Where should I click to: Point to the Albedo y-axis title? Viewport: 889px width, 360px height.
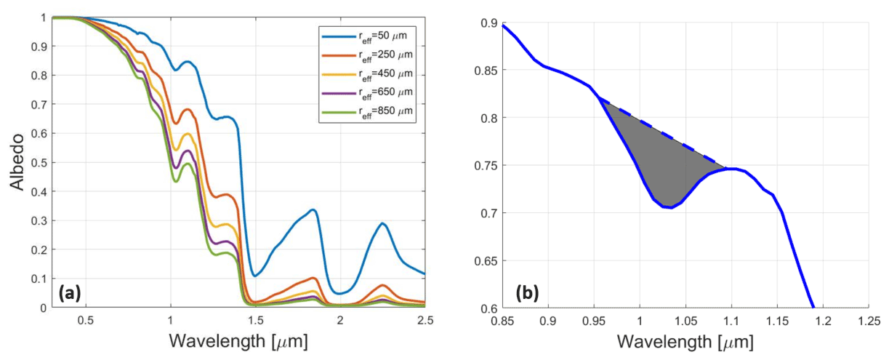(x=17, y=162)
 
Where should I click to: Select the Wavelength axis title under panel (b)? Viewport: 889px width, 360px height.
(x=685, y=341)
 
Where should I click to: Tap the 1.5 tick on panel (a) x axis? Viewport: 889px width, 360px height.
(x=254, y=320)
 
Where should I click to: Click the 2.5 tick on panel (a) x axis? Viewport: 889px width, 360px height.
(x=424, y=320)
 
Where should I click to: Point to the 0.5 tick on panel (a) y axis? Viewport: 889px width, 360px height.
(x=39, y=162)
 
